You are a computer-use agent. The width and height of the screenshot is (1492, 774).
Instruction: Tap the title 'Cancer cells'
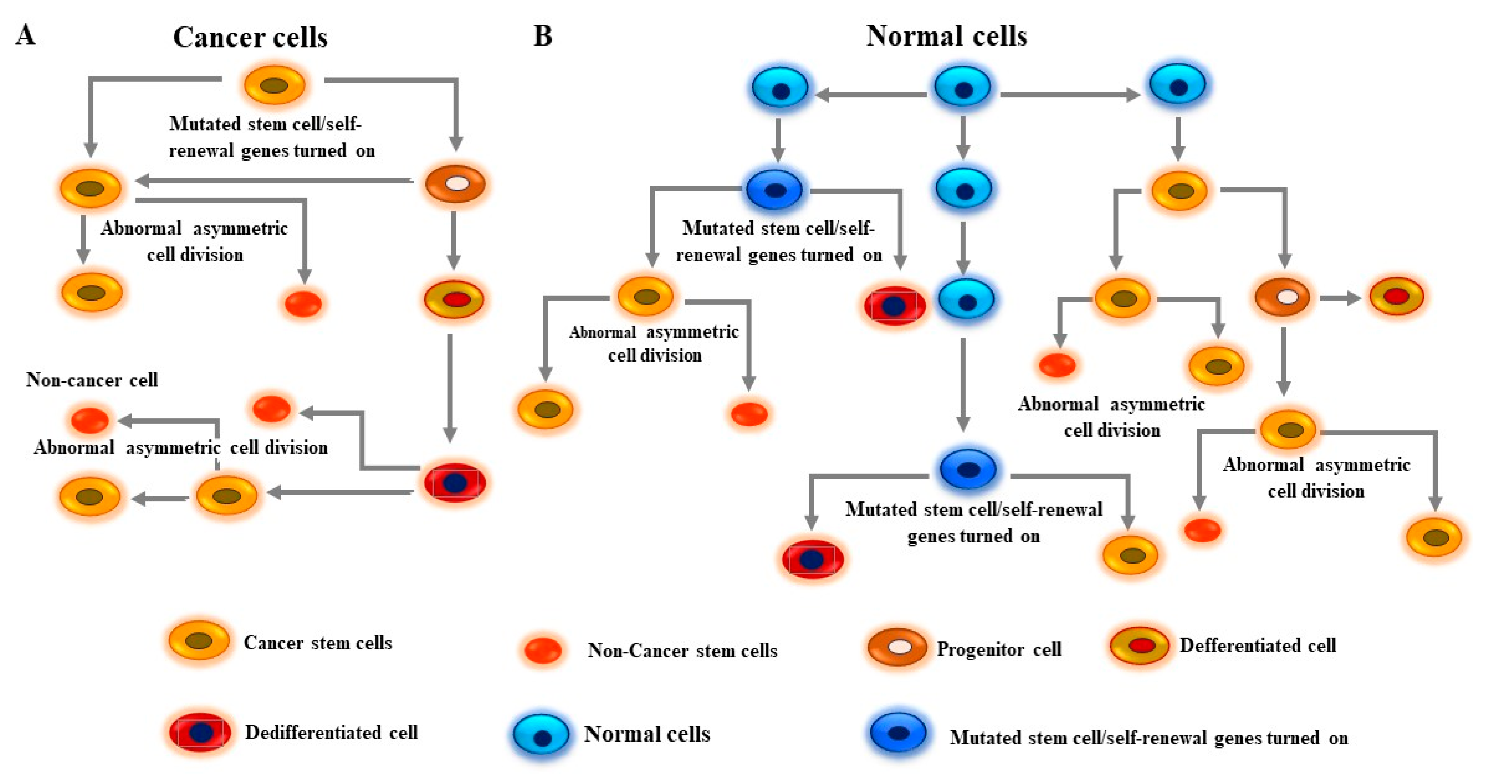click(250, 38)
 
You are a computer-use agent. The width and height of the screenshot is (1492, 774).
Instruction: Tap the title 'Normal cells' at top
click(946, 36)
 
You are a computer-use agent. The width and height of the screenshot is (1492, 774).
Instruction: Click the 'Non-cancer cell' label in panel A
click(92, 380)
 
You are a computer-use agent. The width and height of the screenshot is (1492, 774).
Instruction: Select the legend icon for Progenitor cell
click(897, 647)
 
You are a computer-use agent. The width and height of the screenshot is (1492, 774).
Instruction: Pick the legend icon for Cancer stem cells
click(199, 641)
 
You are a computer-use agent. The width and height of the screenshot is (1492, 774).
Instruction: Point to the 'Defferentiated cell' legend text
click(1257, 645)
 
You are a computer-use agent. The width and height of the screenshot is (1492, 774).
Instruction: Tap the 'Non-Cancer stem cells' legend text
click(682, 651)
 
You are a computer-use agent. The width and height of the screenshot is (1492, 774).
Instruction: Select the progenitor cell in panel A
click(456, 184)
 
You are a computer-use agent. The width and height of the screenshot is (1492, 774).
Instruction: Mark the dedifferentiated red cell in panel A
click(455, 482)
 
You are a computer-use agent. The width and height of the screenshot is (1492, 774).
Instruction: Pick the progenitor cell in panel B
click(1282, 297)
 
